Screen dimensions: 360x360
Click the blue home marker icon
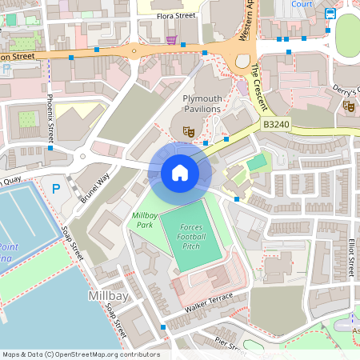coord(179,172)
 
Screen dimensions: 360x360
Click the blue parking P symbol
coord(56,190)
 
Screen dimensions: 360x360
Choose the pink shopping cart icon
coord(171,38)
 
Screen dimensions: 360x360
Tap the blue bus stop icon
coord(330,14)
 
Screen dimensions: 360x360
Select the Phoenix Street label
coord(50,117)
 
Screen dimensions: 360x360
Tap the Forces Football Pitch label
coord(192,237)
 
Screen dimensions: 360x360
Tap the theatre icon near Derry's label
coord(348,105)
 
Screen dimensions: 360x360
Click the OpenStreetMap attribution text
coord(81,354)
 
